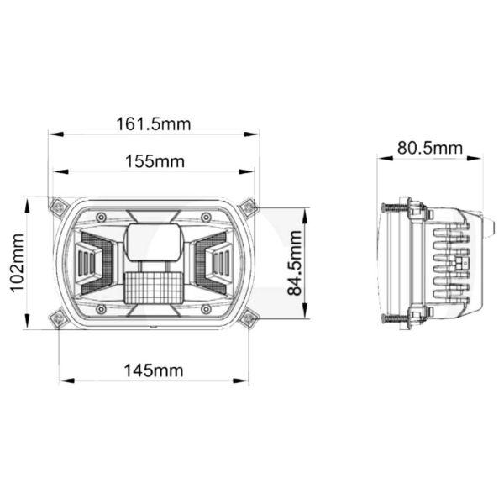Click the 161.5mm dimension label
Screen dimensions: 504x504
click(154, 124)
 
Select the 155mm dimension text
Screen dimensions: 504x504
click(155, 161)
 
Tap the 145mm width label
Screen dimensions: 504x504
click(155, 370)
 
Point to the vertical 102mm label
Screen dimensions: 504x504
click(16, 264)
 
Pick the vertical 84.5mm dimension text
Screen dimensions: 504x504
click(293, 264)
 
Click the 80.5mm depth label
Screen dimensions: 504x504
click(430, 148)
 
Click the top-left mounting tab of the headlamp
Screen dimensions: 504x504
click(58, 206)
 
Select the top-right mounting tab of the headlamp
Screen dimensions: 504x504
click(247, 207)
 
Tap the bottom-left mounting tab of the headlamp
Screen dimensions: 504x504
click(58, 318)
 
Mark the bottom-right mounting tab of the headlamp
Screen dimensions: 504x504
click(248, 318)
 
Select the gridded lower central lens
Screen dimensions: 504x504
click(154, 286)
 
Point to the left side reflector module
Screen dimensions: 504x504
click(92, 262)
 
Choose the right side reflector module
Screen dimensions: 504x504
click(214, 262)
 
